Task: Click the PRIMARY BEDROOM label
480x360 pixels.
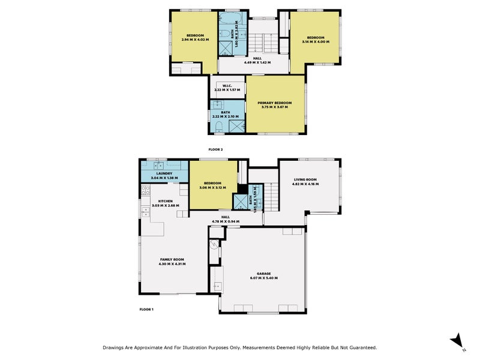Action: click(275, 103)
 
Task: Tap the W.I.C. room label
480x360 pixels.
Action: click(227, 85)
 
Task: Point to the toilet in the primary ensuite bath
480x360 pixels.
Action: click(218, 125)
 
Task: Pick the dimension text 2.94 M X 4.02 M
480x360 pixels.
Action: click(196, 40)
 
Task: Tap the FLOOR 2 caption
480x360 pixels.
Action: click(215, 148)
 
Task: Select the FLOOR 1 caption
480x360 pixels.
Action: click(146, 309)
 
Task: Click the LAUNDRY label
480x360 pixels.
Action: click(164, 174)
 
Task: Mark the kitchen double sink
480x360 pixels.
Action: click(145, 211)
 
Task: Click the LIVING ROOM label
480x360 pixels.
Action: click(305, 179)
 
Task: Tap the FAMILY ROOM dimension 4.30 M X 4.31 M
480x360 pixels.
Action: click(172, 263)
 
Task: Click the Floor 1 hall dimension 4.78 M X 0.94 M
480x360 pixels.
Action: click(226, 222)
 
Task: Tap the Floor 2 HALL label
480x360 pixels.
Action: click(257, 58)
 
